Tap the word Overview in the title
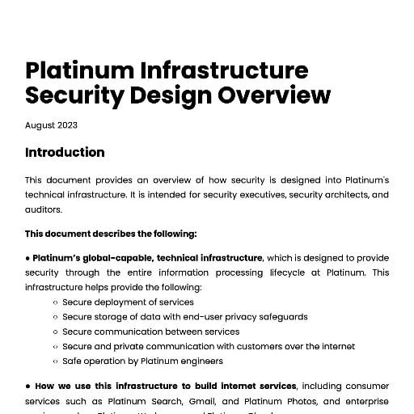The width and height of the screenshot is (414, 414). pos(272,95)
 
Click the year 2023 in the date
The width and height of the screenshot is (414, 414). pos(67,125)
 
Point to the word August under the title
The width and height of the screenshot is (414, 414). pos(40,125)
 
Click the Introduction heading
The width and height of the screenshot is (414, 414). pos(65,152)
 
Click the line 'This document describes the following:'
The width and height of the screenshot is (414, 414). pos(111,234)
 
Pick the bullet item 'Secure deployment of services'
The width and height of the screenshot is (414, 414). pos(128,302)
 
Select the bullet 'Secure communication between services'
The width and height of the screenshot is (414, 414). pos(150,332)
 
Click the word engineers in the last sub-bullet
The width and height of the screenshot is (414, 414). pos(202,361)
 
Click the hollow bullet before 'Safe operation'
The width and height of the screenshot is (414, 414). pos(55,361)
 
